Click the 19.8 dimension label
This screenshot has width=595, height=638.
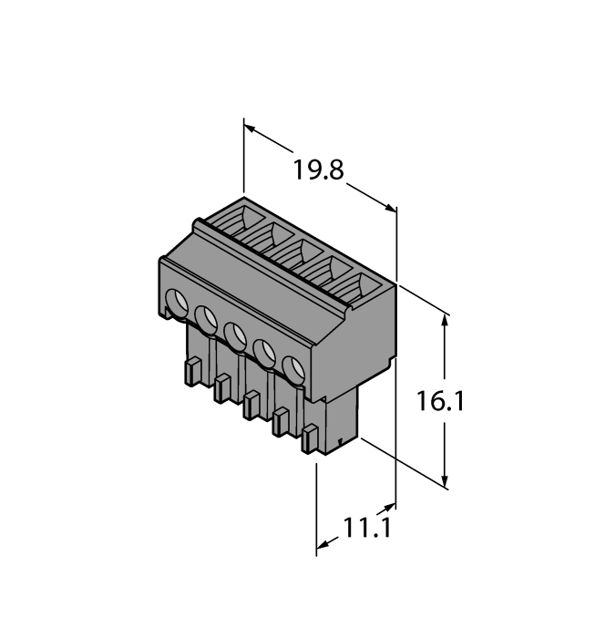coord(318,170)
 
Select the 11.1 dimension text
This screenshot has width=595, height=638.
coord(366,528)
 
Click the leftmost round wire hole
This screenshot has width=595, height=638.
coord(176,301)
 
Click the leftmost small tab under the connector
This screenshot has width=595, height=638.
coord(192,371)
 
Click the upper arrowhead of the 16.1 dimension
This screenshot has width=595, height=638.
coord(446,322)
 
